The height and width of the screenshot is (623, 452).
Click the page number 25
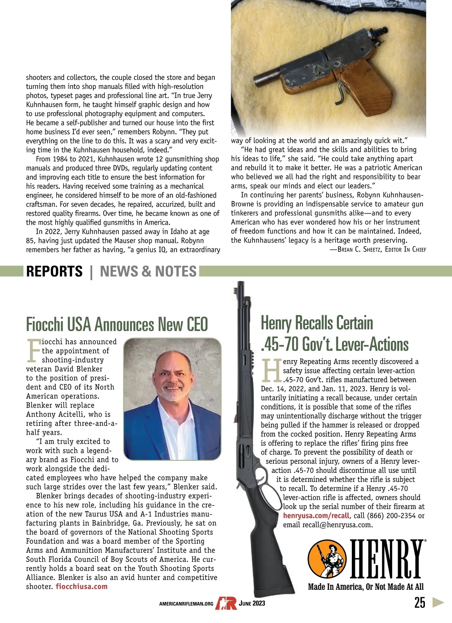pyautogui.click(x=420, y=603)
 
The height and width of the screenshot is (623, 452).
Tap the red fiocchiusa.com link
pyautogui.click(x=82, y=586)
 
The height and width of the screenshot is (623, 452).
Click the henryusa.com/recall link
pyautogui.click(x=316, y=516)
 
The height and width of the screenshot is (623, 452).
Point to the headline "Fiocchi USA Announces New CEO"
pyautogui.click(x=117, y=324)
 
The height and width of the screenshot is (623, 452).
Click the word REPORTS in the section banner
pyautogui.click(x=54, y=272)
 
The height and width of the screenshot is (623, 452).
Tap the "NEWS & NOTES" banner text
pyautogui.click(x=148, y=272)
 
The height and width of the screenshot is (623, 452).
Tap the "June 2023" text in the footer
pyautogui.click(x=252, y=603)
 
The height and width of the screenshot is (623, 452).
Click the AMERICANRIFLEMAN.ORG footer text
pyautogui.click(x=186, y=604)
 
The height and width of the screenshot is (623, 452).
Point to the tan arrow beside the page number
pyautogui.click(x=438, y=602)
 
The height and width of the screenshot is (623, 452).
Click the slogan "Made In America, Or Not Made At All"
pyautogui.click(x=366, y=586)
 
